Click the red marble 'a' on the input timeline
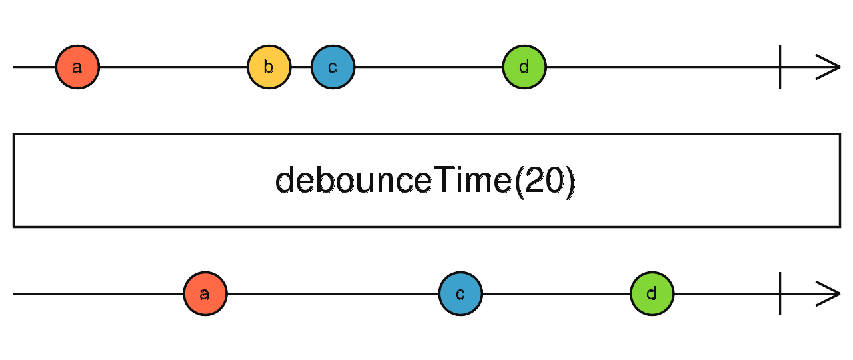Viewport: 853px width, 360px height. point(77,67)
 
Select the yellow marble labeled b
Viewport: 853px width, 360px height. point(269,67)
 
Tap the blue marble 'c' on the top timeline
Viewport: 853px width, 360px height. point(333,67)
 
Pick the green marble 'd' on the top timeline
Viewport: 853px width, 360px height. point(524,67)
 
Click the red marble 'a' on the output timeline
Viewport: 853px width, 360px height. point(205,293)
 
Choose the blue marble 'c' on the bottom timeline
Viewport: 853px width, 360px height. point(460,293)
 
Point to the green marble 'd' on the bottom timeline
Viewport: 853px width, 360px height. point(652,293)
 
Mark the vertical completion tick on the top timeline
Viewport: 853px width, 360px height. point(780,67)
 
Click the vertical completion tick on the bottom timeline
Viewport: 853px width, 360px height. point(780,293)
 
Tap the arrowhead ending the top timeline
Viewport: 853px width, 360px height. point(830,67)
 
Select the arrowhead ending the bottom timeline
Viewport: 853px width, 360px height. point(830,293)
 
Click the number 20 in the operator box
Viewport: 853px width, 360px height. point(544,181)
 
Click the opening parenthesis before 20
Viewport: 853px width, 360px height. point(519,181)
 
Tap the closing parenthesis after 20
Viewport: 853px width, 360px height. point(570,181)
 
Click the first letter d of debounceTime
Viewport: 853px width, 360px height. point(285,181)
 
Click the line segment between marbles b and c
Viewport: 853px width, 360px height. point(301,67)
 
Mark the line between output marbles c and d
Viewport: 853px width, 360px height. point(556,293)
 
